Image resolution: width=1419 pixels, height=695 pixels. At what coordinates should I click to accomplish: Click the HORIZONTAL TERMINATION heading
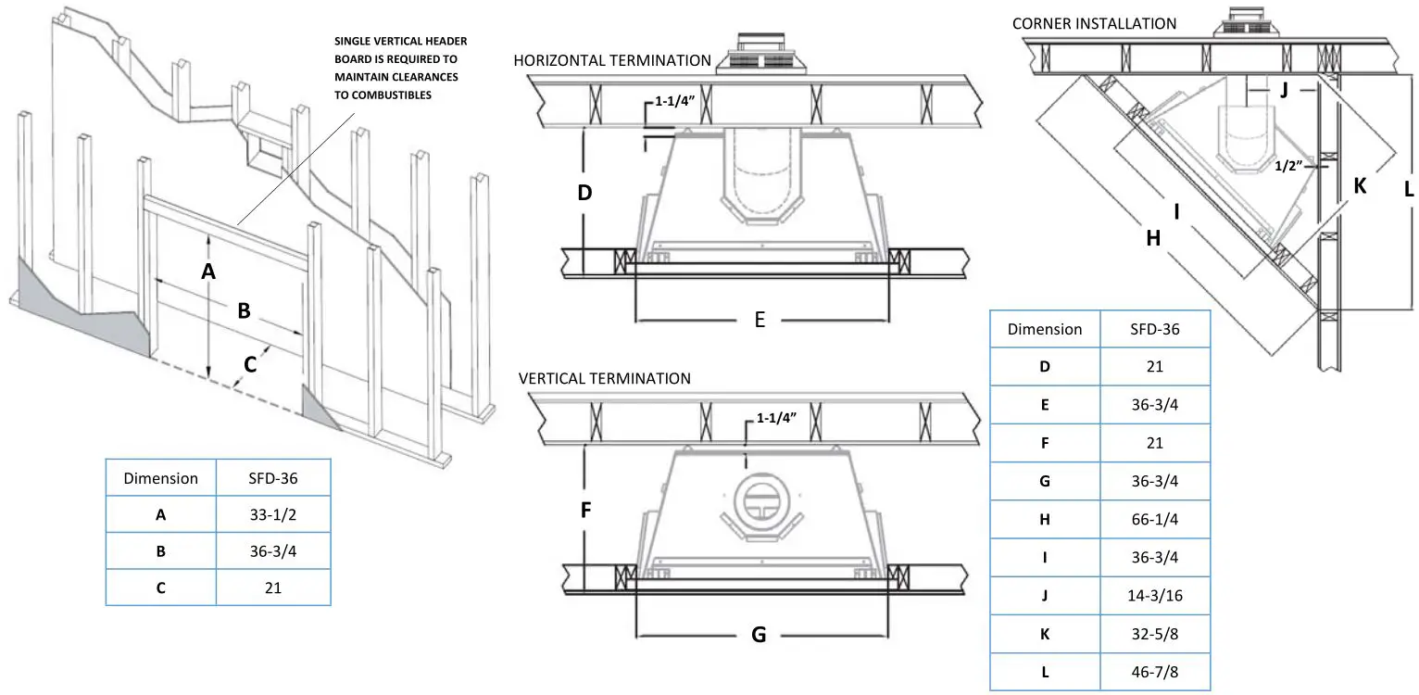(x=612, y=60)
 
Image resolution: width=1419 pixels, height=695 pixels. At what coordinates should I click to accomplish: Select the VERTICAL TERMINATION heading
(x=604, y=378)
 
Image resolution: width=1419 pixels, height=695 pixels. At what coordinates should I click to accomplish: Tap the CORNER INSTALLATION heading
(x=1094, y=23)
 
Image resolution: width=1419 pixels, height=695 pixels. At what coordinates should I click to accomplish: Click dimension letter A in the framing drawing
(x=208, y=271)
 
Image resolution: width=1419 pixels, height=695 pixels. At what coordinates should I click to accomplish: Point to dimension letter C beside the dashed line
(x=250, y=364)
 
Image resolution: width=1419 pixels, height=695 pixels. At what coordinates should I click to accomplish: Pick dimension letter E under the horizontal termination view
(x=760, y=320)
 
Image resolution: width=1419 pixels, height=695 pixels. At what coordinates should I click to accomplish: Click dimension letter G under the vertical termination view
(x=759, y=635)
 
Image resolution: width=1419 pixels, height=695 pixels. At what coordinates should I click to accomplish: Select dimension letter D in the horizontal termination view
(x=584, y=194)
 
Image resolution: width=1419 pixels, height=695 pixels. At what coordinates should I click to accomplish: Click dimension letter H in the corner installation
(x=1152, y=238)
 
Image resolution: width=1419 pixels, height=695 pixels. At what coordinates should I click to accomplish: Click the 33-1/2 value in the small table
(x=273, y=514)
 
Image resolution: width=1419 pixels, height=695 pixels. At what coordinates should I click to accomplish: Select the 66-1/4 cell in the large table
(x=1154, y=519)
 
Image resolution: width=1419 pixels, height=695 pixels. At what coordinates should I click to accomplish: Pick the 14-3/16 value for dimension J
(x=1154, y=596)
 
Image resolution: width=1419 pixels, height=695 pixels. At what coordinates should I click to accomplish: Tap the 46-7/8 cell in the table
(x=1154, y=673)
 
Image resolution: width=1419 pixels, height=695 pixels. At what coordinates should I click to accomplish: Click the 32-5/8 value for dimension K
(x=1154, y=634)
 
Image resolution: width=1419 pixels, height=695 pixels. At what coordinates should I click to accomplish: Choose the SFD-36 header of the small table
(x=273, y=478)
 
